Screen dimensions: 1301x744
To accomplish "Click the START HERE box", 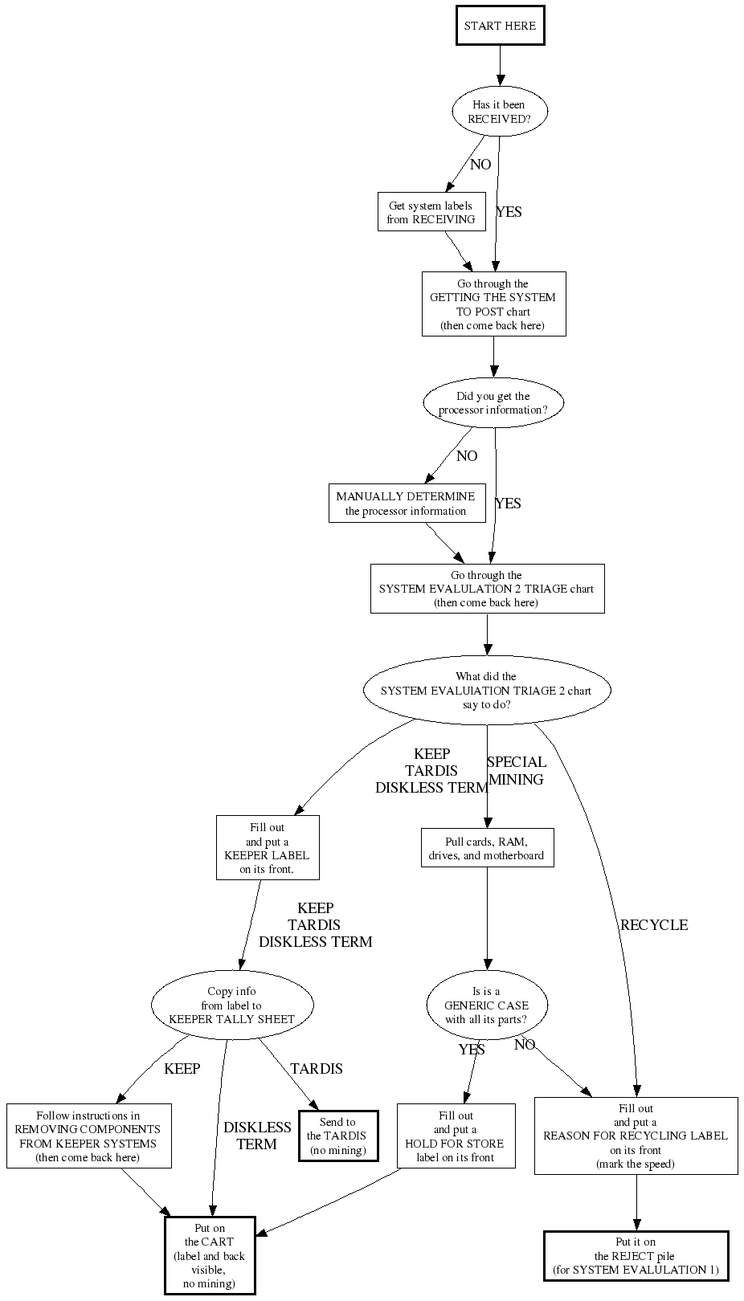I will coord(500,26).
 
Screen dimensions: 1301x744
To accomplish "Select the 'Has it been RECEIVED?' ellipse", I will coord(500,112).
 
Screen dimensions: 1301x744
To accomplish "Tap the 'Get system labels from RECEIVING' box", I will coord(431,212).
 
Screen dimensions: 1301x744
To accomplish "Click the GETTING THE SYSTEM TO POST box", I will coord(493,304).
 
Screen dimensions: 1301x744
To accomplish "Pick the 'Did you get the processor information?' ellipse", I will coord(493,403).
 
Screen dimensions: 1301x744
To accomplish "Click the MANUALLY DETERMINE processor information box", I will coord(406,504).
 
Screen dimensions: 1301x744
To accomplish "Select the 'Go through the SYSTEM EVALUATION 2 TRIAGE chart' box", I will coord(487,589).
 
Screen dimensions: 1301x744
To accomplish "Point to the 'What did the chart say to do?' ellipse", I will coord(486,691).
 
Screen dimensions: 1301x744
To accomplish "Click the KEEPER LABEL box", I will coord(268,848).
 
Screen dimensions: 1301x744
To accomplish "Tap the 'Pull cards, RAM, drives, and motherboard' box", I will coord(487,849).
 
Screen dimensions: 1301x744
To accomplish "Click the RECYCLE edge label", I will coord(654,925).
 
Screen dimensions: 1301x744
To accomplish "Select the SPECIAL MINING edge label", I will coord(517,771).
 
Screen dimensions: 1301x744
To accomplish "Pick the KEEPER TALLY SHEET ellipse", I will coord(232,1005).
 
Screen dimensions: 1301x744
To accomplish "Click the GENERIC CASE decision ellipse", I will coord(487,1005).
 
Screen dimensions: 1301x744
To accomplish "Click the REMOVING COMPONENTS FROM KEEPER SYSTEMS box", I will coord(89,1136).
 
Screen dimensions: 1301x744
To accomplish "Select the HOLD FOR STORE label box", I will coord(456,1136).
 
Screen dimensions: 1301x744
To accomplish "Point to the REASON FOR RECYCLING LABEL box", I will coord(636,1136).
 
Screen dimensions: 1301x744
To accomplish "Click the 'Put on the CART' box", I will coord(210,1256).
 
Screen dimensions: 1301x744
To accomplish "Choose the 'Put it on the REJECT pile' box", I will coord(636,1256).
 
